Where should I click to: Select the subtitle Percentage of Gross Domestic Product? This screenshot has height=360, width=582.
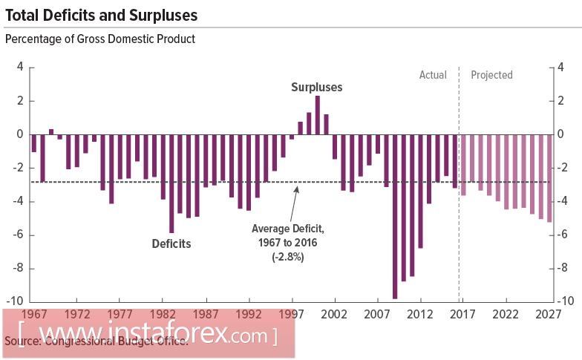[100, 39]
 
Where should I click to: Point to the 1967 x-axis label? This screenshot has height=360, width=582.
[34, 314]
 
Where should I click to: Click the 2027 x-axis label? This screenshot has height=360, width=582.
[548, 314]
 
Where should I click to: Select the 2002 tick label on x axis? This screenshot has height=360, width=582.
[334, 314]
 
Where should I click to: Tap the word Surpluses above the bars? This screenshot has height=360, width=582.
[316, 87]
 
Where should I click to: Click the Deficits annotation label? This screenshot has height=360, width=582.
[171, 243]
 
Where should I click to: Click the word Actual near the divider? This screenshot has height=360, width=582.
[433, 75]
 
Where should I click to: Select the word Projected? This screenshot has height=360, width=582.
[491, 75]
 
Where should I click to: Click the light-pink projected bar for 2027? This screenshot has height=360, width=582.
[549, 178]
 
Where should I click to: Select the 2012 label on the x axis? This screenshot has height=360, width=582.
[420, 314]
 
